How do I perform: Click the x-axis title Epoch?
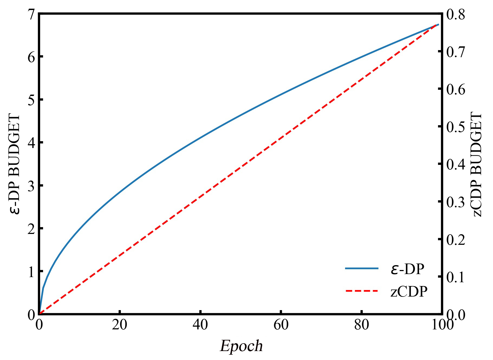pos(241,346)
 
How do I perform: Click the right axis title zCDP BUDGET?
pos(477,165)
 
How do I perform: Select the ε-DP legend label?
pos(407,269)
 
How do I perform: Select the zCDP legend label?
pos(409,292)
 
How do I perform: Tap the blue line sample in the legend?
pos(362,268)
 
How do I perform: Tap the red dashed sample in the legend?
pos(362,291)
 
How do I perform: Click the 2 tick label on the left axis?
pos(32,229)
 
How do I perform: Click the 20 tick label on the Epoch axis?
pos(120,325)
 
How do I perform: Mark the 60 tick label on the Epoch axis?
pos(281,325)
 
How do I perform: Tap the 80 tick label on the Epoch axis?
pos(362,325)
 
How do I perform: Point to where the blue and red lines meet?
pos(437,25)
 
